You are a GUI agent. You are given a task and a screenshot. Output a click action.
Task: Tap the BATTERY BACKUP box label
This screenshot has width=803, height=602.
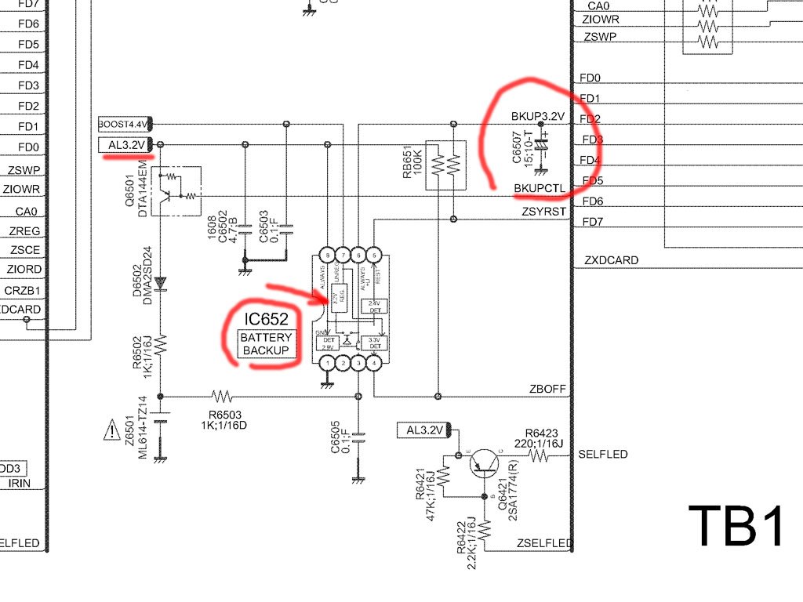tap(267, 343)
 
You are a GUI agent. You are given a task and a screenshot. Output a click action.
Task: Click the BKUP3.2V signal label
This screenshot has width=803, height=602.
tap(538, 116)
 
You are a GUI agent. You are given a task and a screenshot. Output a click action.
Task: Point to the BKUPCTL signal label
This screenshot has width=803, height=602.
tap(540, 189)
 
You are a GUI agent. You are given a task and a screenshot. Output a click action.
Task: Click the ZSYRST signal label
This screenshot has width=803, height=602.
tap(543, 211)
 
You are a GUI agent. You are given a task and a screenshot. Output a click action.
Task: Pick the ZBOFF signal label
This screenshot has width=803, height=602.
tap(547, 389)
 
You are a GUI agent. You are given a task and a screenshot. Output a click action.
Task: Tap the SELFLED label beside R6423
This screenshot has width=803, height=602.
tap(602, 454)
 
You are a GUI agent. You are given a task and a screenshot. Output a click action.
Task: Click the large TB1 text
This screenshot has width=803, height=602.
tap(736, 525)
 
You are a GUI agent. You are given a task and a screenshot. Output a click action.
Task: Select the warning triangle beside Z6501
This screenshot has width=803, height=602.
tap(109, 429)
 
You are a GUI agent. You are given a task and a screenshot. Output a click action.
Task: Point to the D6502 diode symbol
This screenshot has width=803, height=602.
tap(160, 281)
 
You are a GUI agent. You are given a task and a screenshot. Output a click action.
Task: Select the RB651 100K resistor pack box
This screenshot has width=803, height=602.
tap(445, 165)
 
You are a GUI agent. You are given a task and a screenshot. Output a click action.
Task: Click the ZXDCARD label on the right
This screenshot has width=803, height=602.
tap(611, 259)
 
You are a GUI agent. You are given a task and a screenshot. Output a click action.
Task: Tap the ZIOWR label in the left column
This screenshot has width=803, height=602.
tap(21, 190)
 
